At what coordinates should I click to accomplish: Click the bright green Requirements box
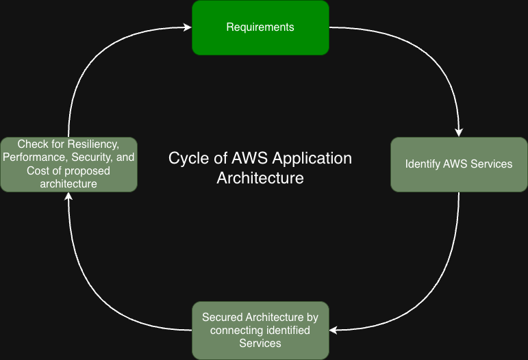tap(260, 27)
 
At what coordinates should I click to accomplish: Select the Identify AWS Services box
tap(459, 164)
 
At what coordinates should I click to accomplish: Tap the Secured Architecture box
tap(260, 331)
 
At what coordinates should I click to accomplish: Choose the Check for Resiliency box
tap(68, 164)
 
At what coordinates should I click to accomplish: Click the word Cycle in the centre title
tap(187, 159)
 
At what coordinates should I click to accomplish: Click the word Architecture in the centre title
tap(260, 178)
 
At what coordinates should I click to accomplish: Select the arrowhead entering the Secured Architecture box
tap(334, 330)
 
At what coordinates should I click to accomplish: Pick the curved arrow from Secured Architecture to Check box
tap(96, 301)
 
